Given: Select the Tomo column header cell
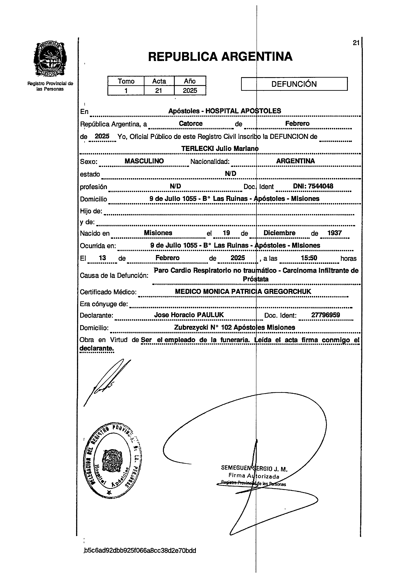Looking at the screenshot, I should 126,81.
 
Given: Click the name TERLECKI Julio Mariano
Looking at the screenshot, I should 220,149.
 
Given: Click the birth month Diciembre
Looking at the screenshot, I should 279,233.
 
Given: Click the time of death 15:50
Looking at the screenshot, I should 309,258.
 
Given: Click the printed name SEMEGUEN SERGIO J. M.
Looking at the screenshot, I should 254,468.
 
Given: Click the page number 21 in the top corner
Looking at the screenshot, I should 356,43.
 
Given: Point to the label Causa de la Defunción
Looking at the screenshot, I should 114,275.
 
